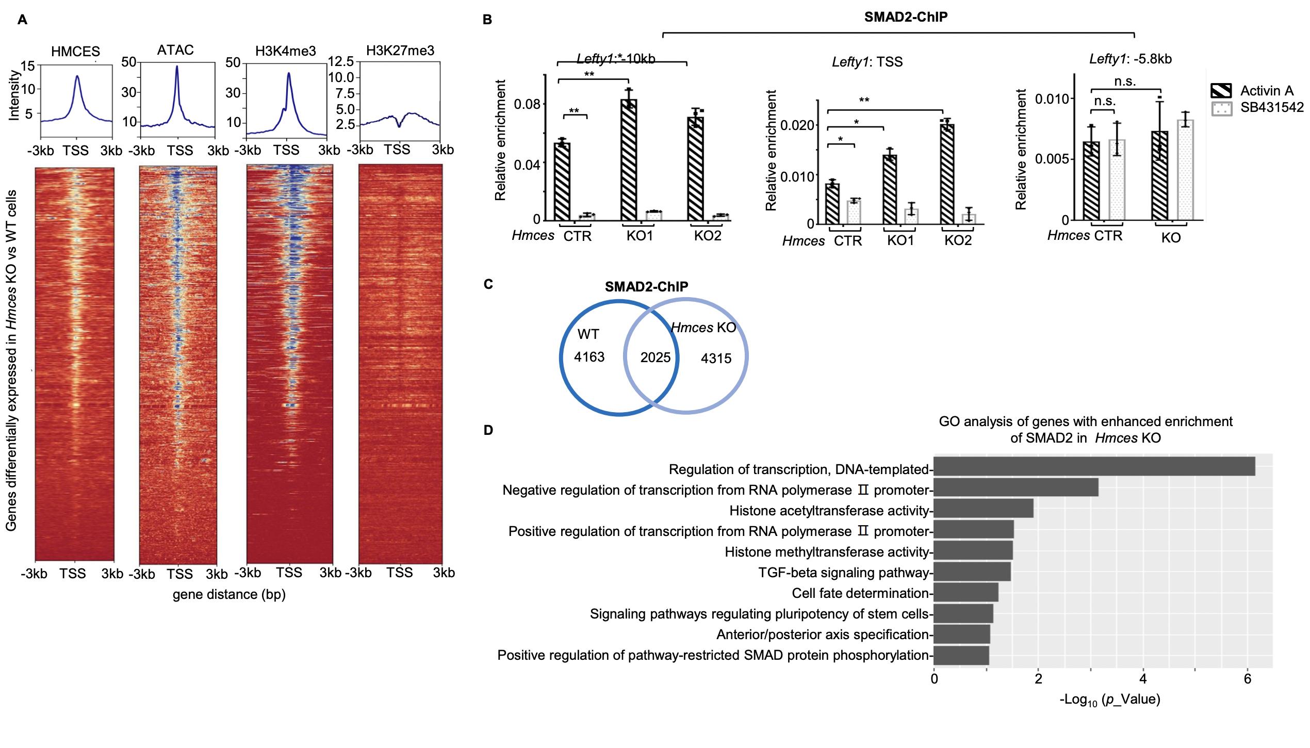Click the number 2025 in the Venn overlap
(655, 357)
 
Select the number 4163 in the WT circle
(589, 357)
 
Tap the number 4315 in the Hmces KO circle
(716, 359)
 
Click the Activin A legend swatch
(1221, 91)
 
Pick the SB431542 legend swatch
(1221, 108)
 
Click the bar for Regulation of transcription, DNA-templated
(1093, 466)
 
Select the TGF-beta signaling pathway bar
(972, 572)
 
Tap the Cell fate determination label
(860, 593)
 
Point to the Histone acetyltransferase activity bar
(983, 508)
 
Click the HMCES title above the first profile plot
(75, 51)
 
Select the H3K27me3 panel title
(400, 51)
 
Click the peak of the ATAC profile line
(177, 67)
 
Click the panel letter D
(487, 430)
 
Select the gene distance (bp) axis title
(229, 595)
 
